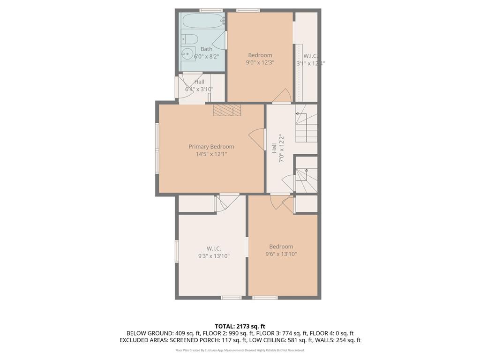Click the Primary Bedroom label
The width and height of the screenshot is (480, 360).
(x=211, y=147)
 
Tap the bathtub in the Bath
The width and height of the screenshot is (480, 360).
(x=202, y=21)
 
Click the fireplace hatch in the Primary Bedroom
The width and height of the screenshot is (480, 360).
(x=226, y=110)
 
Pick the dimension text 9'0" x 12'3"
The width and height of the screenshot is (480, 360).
(x=260, y=62)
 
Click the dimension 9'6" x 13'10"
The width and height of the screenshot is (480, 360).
(x=281, y=254)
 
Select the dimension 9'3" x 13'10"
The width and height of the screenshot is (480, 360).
(x=214, y=256)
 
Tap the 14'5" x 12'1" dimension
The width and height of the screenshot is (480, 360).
(x=211, y=154)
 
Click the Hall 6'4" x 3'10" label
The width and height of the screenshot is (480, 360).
(x=199, y=85)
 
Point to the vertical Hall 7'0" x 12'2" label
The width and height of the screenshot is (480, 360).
(x=278, y=149)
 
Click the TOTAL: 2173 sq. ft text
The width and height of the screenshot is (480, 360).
(x=240, y=326)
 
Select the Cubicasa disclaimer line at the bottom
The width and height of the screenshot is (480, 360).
(x=240, y=350)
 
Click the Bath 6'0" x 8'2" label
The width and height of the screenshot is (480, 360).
(x=206, y=52)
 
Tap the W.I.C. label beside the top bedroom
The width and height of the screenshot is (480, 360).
(x=310, y=59)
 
